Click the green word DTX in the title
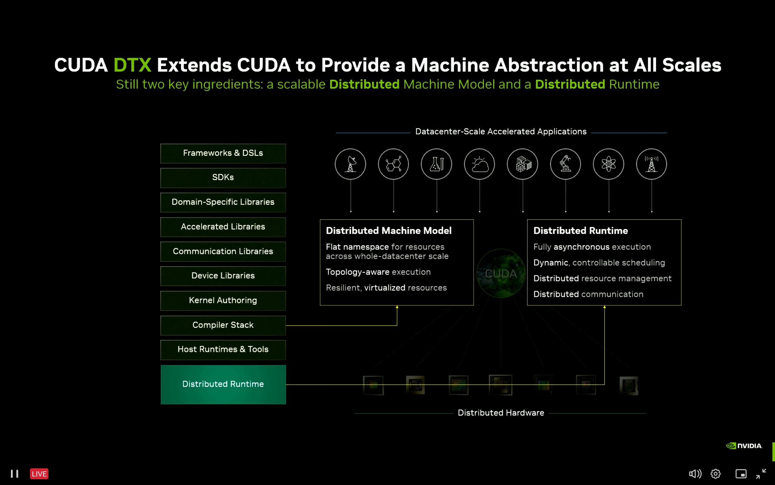pyautogui.click(x=132, y=65)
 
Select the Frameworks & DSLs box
pyautogui.click(x=223, y=153)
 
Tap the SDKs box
pyautogui.click(x=223, y=178)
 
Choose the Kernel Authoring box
pyautogui.click(x=223, y=301)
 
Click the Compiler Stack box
pyautogui.click(x=223, y=325)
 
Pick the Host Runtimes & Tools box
pyautogui.click(x=223, y=350)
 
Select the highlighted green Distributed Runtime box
pyautogui.click(x=223, y=384)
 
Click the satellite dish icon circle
pyautogui.click(x=350, y=164)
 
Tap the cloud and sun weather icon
pyautogui.click(x=479, y=164)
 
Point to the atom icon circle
pyautogui.click(x=608, y=164)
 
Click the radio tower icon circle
pyautogui.click(x=651, y=164)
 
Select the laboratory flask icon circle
pyautogui.click(x=436, y=164)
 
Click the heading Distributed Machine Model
pyautogui.click(x=389, y=231)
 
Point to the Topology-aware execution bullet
pyautogui.click(x=378, y=272)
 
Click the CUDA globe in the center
pyautogui.click(x=501, y=274)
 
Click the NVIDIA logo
pyautogui.click(x=744, y=446)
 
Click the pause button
pyautogui.click(x=15, y=474)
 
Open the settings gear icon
pyautogui.click(x=715, y=474)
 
